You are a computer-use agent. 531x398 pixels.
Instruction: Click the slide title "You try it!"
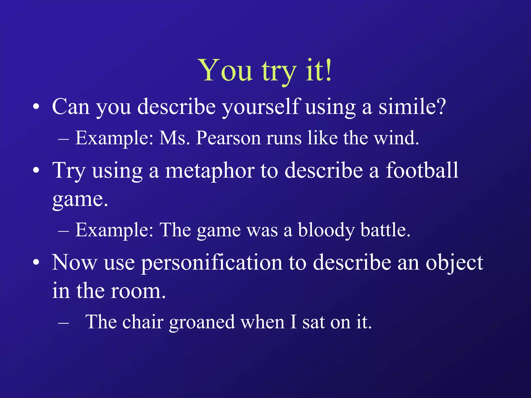[265, 70]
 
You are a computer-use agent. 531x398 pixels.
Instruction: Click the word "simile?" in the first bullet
[412, 107]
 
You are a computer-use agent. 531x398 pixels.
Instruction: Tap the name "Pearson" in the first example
[228, 138]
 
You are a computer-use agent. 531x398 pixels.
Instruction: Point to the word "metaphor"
[209, 171]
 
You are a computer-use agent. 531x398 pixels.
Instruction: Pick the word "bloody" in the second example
[326, 230]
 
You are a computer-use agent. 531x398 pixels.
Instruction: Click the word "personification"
[212, 263]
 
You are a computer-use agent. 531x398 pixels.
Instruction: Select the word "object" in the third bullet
[454, 263]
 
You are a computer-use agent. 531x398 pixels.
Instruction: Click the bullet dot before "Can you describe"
[36, 107]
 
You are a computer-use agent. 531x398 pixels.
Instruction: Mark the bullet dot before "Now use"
[36, 263]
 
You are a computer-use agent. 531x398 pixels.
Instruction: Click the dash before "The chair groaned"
[64, 323]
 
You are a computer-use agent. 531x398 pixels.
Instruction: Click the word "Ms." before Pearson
[174, 138]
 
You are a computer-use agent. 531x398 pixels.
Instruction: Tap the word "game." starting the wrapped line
[80, 200]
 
